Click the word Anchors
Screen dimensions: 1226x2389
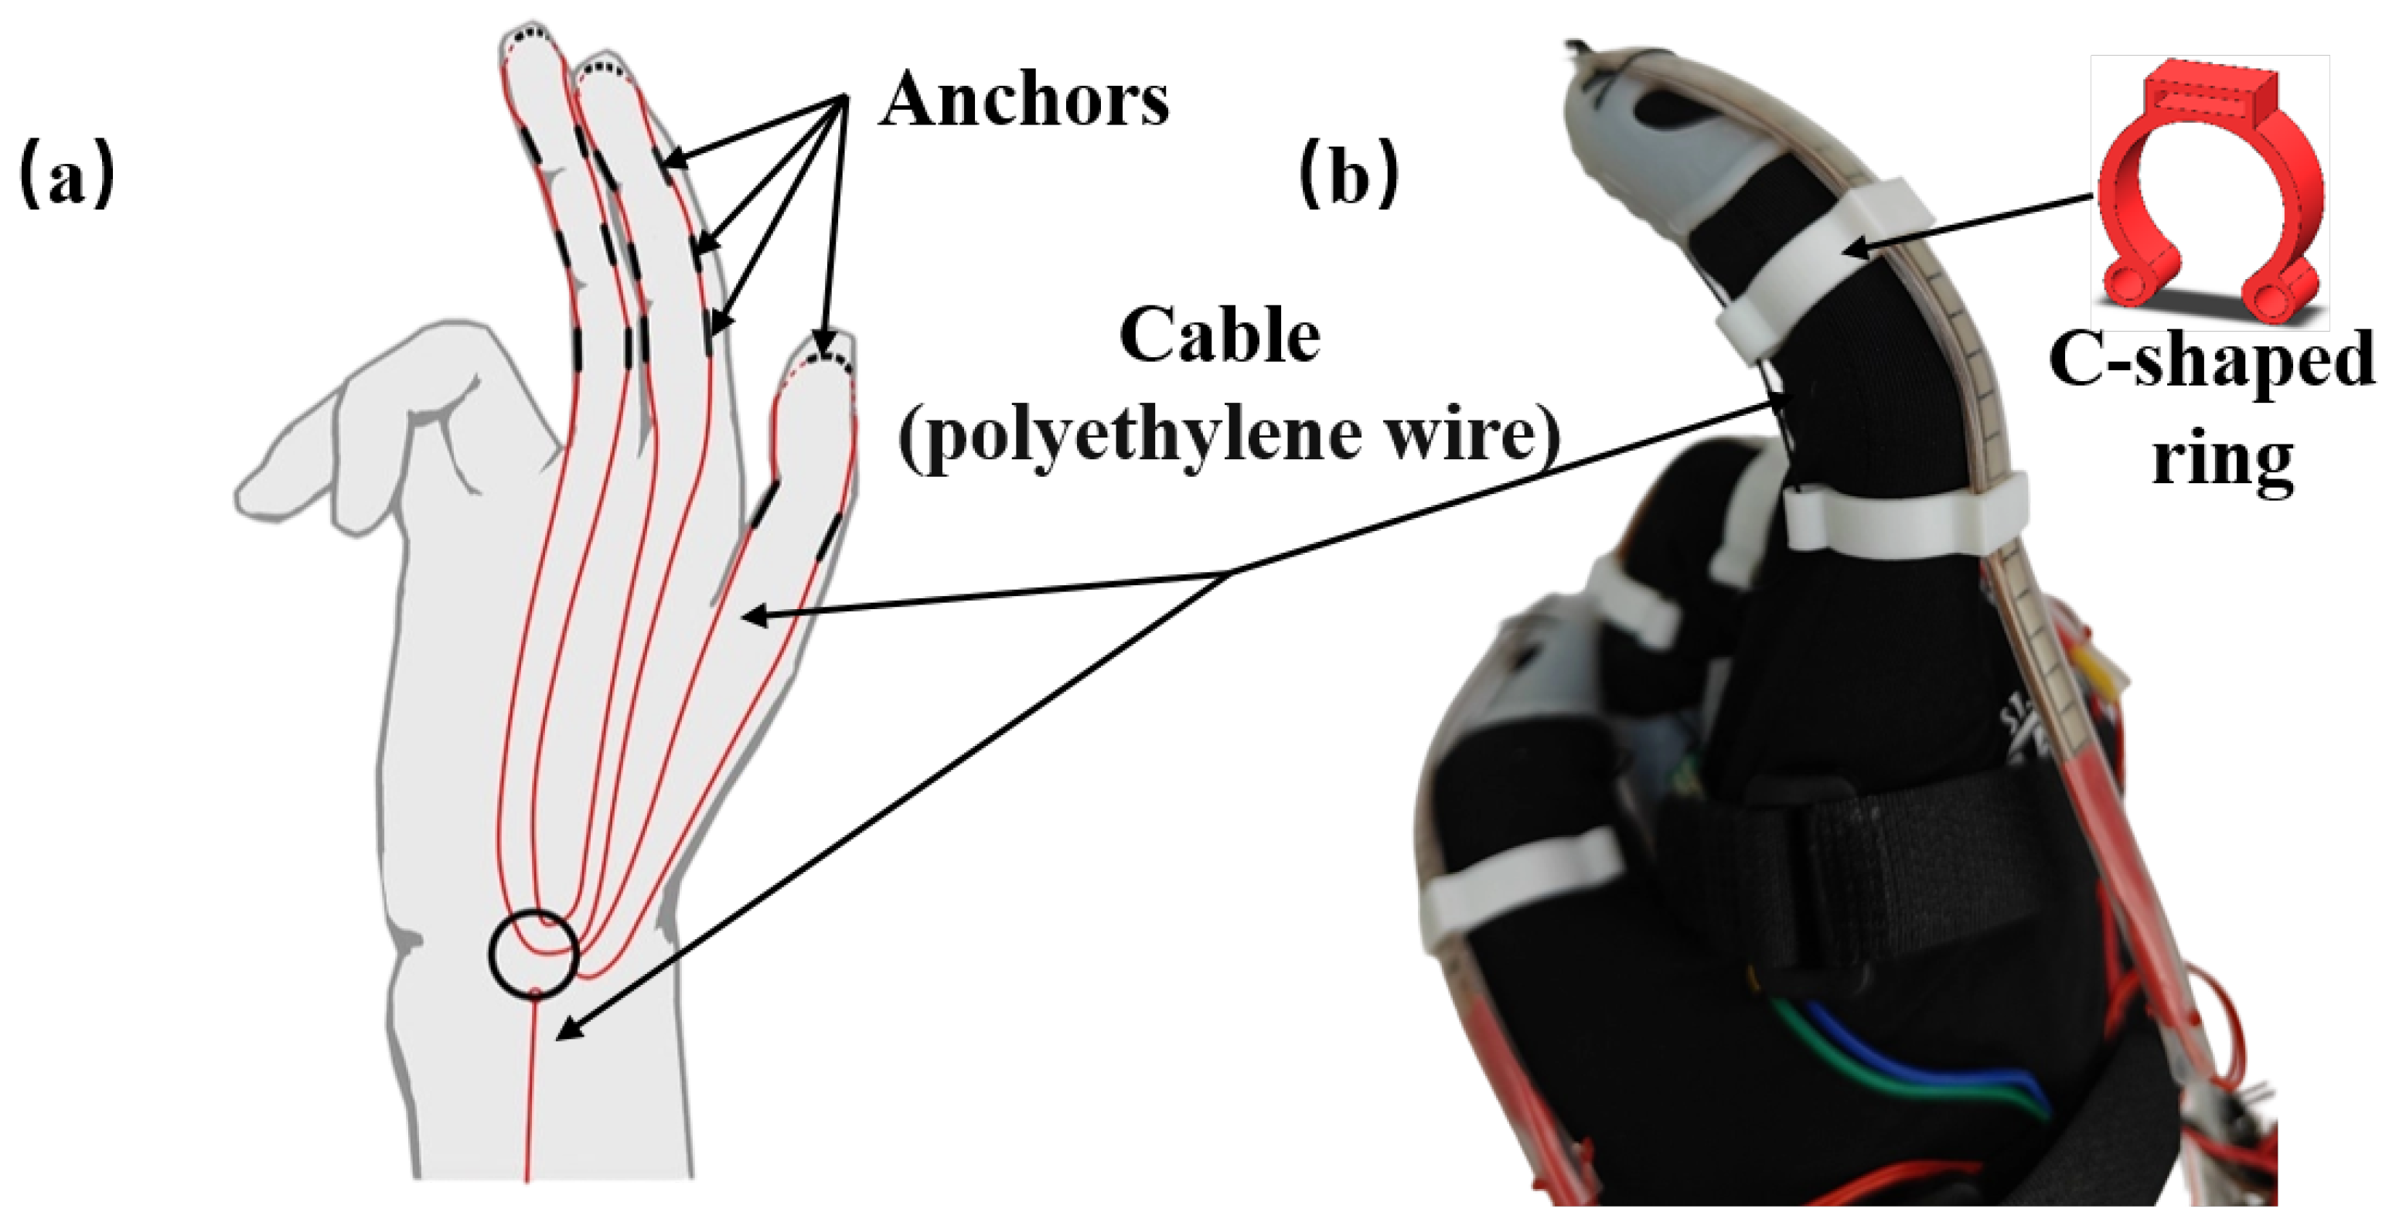[x=1024, y=100]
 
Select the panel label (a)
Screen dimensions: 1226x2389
[x=66, y=176]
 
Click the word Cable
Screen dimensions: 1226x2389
[x=1219, y=335]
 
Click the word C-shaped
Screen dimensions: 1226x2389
[x=2211, y=362]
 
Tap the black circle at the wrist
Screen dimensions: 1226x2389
[x=533, y=955]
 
